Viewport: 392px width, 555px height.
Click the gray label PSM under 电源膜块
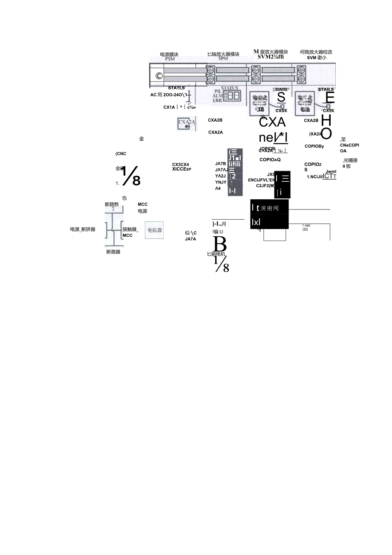pyautogui.click(x=170, y=59)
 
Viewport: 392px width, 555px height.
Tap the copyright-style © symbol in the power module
pyautogui.click(x=159, y=76)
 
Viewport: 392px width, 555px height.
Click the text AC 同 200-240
pyautogui.click(x=170, y=95)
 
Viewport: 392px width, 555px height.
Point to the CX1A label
pyautogui.click(x=169, y=107)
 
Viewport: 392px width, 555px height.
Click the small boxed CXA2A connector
pyautogui.click(x=186, y=123)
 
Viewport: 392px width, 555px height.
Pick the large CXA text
pyautogui.click(x=272, y=123)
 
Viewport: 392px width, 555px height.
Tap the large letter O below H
pyautogui.click(x=326, y=133)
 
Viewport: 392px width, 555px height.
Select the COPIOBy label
pyautogui.click(x=314, y=146)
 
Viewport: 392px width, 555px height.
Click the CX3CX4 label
pyautogui.click(x=181, y=164)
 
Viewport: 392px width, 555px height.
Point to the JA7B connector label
pyautogui.click(x=221, y=163)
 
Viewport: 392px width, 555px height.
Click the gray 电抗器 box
pyautogui.click(x=154, y=230)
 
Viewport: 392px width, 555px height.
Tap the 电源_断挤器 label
pyautogui.click(x=83, y=229)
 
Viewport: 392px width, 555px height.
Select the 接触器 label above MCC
pyautogui.click(x=130, y=229)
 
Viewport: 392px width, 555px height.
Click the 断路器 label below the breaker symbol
pyautogui.click(x=113, y=252)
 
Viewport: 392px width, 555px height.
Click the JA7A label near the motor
pyautogui.click(x=190, y=239)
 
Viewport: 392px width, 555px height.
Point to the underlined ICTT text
pyautogui.click(x=329, y=176)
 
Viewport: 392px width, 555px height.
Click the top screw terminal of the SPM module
pyautogui.click(x=210, y=70)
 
